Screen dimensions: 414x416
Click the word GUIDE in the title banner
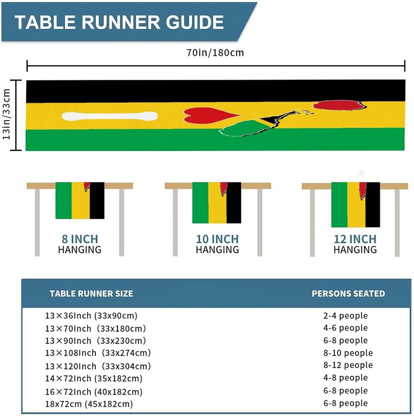tap(195, 22)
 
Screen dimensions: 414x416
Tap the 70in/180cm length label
tap(215, 53)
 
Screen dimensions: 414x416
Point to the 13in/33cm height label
tap(6, 114)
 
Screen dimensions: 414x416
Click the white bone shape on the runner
tap(110, 116)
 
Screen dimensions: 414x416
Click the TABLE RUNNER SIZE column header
tap(91, 294)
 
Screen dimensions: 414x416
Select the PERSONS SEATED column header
tap(348, 294)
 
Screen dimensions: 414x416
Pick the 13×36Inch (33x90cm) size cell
tap(91, 316)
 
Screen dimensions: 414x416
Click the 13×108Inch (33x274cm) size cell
tap(98, 353)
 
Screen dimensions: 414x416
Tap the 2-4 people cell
tap(346, 316)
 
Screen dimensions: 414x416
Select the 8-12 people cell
tap(348, 365)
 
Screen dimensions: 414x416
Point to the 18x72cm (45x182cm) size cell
tap(89, 404)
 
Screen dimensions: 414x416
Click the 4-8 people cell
tap(346, 377)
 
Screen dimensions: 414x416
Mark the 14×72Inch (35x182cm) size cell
tap(94, 379)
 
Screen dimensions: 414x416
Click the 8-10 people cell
tap(348, 353)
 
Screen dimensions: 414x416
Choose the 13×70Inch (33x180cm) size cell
tap(95, 329)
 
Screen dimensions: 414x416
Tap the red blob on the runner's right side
tap(339, 105)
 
